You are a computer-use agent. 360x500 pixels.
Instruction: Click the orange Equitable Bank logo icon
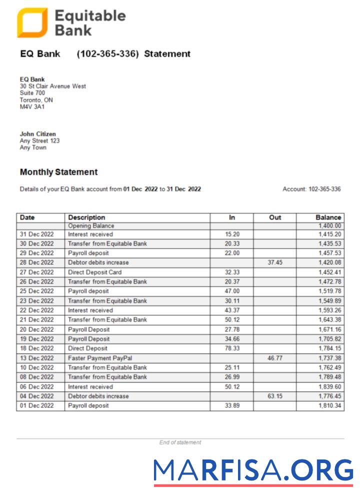coord(32,22)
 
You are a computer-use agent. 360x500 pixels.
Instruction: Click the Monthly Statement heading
coord(58,172)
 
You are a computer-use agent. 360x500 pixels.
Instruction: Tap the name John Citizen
coord(38,134)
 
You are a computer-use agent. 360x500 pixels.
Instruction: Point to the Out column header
coord(275,217)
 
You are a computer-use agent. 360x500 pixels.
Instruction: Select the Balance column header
coord(328,217)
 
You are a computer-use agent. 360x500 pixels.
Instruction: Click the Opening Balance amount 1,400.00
coord(329,226)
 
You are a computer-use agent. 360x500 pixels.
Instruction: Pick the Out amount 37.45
coord(275,262)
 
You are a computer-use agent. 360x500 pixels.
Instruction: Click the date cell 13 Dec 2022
coord(36,358)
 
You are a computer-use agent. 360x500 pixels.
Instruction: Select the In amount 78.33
coord(232,348)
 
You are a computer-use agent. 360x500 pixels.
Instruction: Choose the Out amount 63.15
coord(275,396)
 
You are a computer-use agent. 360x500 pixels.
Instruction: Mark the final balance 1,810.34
coord(329,405)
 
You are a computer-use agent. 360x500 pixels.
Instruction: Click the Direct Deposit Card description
coord(94,272)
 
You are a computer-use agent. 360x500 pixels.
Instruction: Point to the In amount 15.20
coord(232,234)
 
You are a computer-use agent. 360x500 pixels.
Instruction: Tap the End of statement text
coord(180,442)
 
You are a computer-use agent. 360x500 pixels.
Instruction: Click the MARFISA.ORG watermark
coord(253,471)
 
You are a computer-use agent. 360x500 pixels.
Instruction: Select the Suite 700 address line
coord(32,93)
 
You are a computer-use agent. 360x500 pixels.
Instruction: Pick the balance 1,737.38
coord(329,358)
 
